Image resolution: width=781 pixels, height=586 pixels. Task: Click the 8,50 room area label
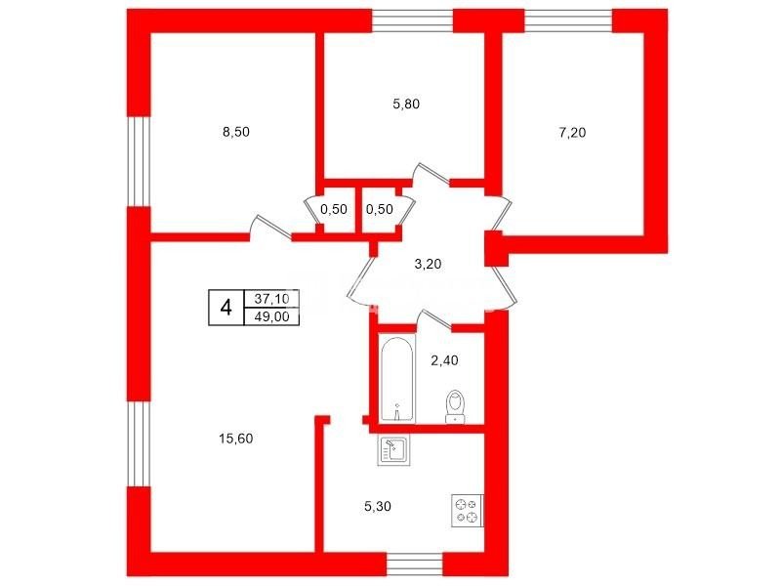click(236, 132)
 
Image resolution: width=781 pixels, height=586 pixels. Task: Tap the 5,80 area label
click(406, 105)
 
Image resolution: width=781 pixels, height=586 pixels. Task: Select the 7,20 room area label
click(572, 133)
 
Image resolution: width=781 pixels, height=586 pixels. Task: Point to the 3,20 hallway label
click(428, 264)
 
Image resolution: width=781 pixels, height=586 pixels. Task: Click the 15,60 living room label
click(236, 439)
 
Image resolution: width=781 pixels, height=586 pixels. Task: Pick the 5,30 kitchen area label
click(378, 507)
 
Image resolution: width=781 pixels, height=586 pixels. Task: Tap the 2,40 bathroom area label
click(444, 360)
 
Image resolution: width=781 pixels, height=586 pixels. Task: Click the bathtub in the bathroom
click(397, 379)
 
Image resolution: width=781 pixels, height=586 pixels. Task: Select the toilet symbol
click(455, 407)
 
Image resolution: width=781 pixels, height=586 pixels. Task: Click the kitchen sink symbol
click(393, 450)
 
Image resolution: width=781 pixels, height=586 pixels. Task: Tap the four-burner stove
click(468, 510)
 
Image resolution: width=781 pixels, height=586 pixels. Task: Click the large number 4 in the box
click(226, 308)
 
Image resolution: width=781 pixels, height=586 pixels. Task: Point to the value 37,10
click(271, 299)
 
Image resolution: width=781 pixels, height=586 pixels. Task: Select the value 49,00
click(271, 316)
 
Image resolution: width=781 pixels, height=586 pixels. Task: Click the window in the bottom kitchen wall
click(414, 565)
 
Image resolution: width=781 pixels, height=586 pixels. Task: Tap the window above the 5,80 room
click(413, 21)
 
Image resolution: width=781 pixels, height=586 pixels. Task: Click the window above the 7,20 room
click(568, 21)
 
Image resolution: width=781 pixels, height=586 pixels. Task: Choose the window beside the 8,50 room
click(139, 161)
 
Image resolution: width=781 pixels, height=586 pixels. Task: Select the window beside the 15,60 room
click(139, 444)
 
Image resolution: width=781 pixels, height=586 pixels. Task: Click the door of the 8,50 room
click(271, 228)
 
